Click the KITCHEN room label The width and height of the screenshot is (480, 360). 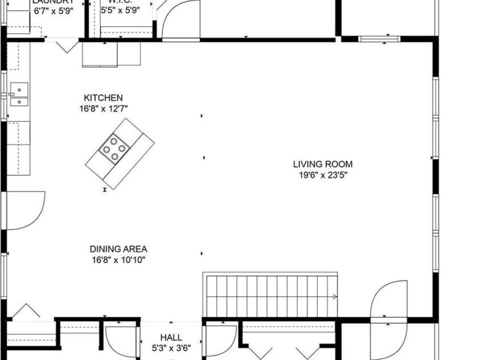(103, 98)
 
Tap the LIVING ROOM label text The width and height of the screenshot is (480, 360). (323, 165)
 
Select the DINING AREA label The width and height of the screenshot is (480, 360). (118, 249)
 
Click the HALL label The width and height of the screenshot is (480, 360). (171, 338)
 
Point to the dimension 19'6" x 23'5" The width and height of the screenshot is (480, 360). (323, 175)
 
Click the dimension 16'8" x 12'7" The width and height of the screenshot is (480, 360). (103, 108)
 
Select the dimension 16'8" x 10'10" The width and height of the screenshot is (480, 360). (118, 260)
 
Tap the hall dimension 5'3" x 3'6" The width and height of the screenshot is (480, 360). (171, 348)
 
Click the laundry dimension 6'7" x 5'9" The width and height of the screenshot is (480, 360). (54, 10)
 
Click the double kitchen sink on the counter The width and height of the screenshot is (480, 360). (19, 95)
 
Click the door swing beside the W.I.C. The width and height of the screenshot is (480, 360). (181, 20)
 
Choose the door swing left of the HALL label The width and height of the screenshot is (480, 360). (122, 341)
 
